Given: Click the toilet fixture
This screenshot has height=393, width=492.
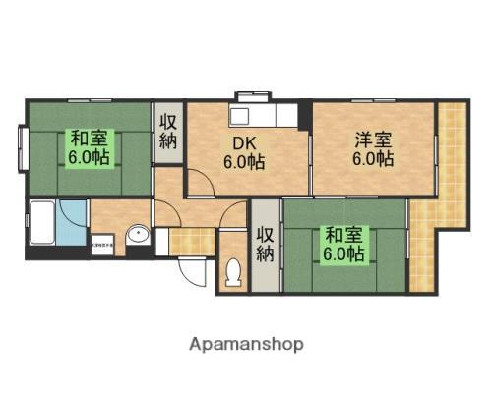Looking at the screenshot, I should (x=234, y=272).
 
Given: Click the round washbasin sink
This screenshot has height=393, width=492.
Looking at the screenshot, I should (x=139, y=234).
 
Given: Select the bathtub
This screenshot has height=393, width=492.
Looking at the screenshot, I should (x=41, y=223).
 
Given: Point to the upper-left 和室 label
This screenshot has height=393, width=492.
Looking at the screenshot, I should (x=89, y=147).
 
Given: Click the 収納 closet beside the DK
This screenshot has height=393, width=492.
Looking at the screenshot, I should (x=167, y=134).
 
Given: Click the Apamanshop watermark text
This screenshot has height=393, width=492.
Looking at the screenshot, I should (x=245, y=345).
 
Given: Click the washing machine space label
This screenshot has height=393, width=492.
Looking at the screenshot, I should (x=102, y=242).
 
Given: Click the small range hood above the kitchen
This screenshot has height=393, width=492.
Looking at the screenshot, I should (x=245, y=96).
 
